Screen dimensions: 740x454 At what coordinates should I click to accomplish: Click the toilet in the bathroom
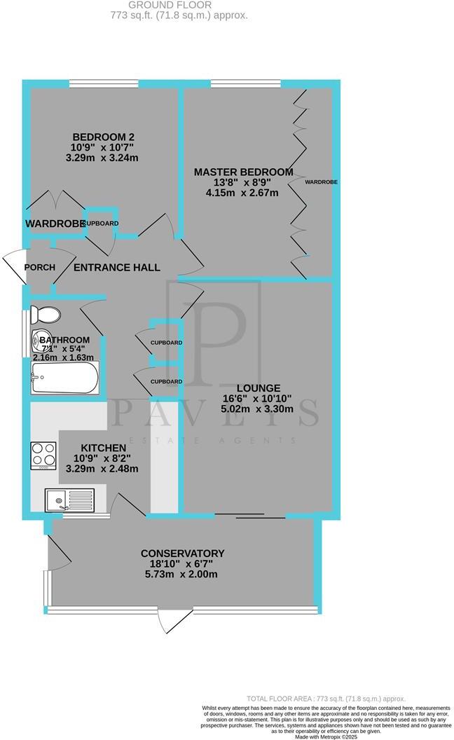pyautogui.click(x=48, y=314)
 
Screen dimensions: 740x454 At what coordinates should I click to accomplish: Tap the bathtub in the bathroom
pyautogui.click(x=64, y=379)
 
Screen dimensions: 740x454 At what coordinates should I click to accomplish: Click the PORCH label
pyautogui.click(x=39, y=268)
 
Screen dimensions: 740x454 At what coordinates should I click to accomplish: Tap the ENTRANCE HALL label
pyautogui.click(x=117, y=268)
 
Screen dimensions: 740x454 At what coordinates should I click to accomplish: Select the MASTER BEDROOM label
pyautogui.click(x=243, y=172)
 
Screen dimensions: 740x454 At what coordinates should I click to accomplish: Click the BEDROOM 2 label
pyautogui.click(x=104, y=137)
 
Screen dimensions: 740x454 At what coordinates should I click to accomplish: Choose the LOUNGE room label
pyautogui.click(x=259, y=388)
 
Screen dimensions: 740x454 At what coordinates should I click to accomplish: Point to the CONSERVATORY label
pyautogui.click(x=182, y=553)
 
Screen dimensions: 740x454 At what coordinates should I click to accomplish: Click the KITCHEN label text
pyautogui.click(x=104, y=448)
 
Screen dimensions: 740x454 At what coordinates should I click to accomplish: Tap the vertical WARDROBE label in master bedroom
pyautogui.click(x=321, y=181)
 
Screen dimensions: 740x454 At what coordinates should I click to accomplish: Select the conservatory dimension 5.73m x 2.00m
pyautogui.click(x=182, y=574)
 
